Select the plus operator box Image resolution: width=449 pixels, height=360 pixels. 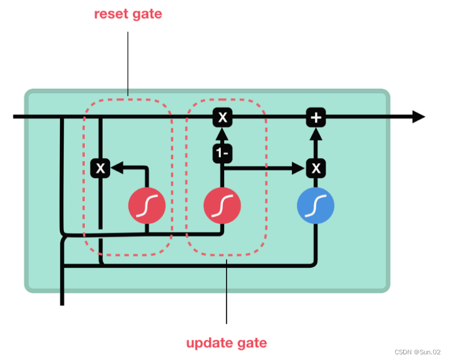(x=316, y=118)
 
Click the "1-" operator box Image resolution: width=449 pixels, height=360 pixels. (x=223, y=153)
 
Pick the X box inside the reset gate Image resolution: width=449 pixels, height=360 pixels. (x=101, y=168)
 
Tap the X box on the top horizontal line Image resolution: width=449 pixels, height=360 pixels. (x=223, y=118)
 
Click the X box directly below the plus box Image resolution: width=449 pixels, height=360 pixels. (x=316, y=168)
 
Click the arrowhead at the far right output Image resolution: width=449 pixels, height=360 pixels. (x=419, y=117)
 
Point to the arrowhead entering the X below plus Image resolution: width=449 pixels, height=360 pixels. (x=299, y=168)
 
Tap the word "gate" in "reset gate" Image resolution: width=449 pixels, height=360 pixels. (x=146, y=14)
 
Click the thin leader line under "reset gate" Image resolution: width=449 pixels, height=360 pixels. (x=128, y=62)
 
